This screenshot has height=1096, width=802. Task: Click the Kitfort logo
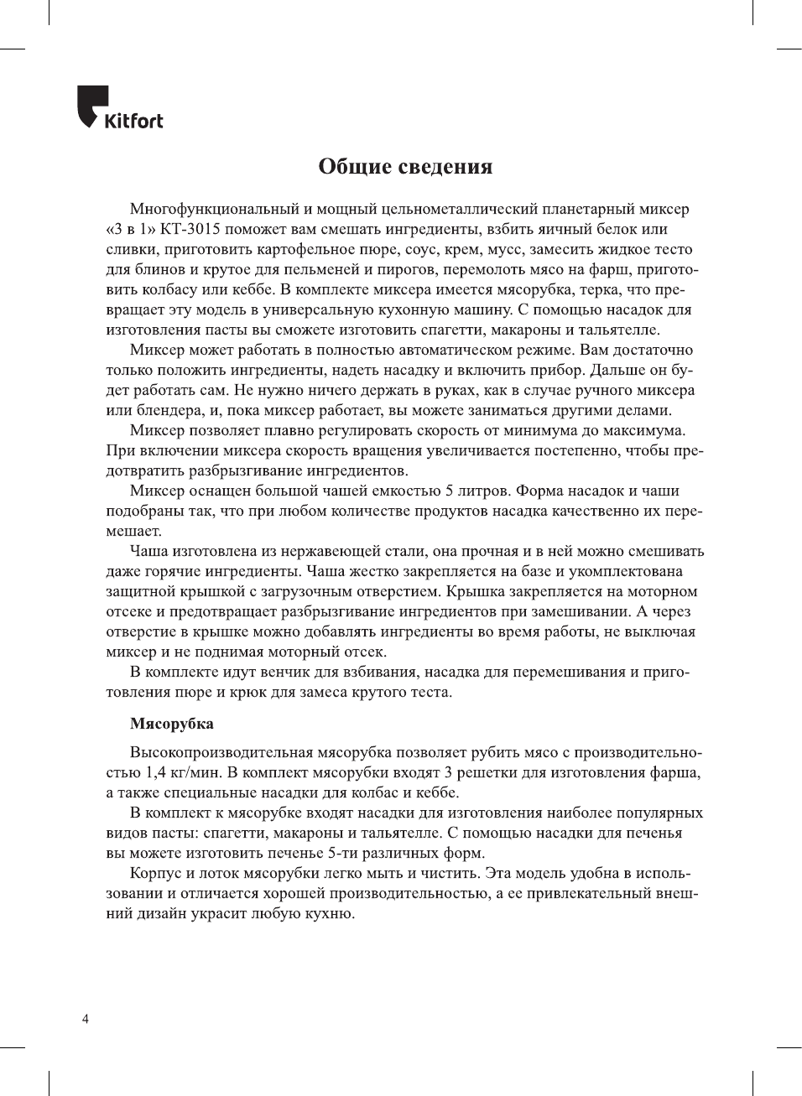tap(120, 108)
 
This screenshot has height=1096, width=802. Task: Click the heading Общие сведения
tap(405, 167)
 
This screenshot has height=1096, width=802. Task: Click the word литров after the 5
tap(483, 491)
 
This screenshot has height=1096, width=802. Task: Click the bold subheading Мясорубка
tap(172, 724)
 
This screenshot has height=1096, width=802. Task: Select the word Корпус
tap(154, 873)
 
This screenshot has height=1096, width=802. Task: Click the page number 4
tap(86, 1020)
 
